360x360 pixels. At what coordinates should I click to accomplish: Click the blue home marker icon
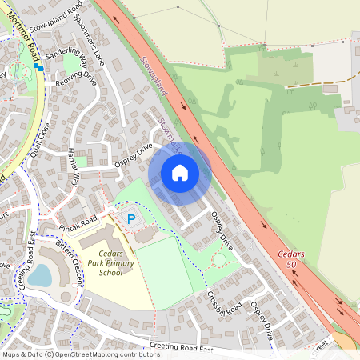click(x=180, y=172)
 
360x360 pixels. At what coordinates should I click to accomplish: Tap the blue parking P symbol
click(x=130, y=218)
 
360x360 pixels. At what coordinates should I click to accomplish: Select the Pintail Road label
click(x=78, y=221)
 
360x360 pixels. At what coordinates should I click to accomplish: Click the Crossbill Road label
click(x=224, y=301)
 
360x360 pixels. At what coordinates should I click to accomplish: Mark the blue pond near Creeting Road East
click(x=40, y=276)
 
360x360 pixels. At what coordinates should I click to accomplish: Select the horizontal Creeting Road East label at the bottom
click(x=181, y=349)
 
